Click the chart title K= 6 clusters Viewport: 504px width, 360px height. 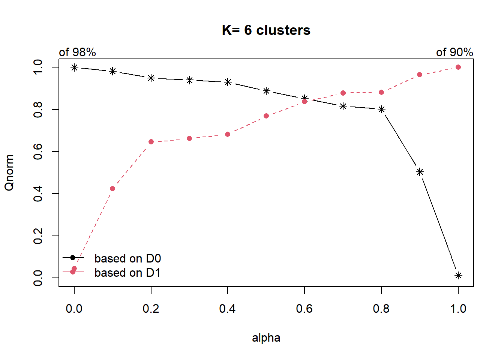click(x=266, y=30)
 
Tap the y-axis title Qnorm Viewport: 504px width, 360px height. click(x=9, y=172)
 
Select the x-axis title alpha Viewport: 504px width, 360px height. click(x=266, y=338)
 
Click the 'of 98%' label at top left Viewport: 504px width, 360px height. click(x=77, y=52)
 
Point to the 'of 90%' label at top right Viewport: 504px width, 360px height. click(x=454, y=52)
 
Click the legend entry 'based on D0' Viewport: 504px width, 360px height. click(x=127, y=258)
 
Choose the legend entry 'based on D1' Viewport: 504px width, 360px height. click(x=127, y=273)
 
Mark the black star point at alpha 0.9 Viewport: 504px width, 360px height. click(x=420, y=172)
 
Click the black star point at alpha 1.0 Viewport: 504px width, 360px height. click(x=458, y=276)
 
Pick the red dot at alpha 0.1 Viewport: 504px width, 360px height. click(x=112, y=189)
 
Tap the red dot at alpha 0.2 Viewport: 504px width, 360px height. click(x=151, y=142)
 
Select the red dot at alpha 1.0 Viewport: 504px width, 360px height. click(x=458, y=67)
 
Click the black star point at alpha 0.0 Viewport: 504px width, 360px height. click(x=74, y=67)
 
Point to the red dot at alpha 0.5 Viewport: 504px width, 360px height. click(x=266, y=116)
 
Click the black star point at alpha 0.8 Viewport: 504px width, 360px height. click(x=381, y=109)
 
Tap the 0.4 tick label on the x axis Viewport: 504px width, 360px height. click(x=227, y=309)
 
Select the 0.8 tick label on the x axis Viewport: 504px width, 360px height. click(x=381, y=309)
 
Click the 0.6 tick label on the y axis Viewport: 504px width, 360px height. click(x=38, y=151)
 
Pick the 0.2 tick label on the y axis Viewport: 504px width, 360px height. click(x=38, y=236)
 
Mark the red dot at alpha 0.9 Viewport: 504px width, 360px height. click(x=420, y=75)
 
